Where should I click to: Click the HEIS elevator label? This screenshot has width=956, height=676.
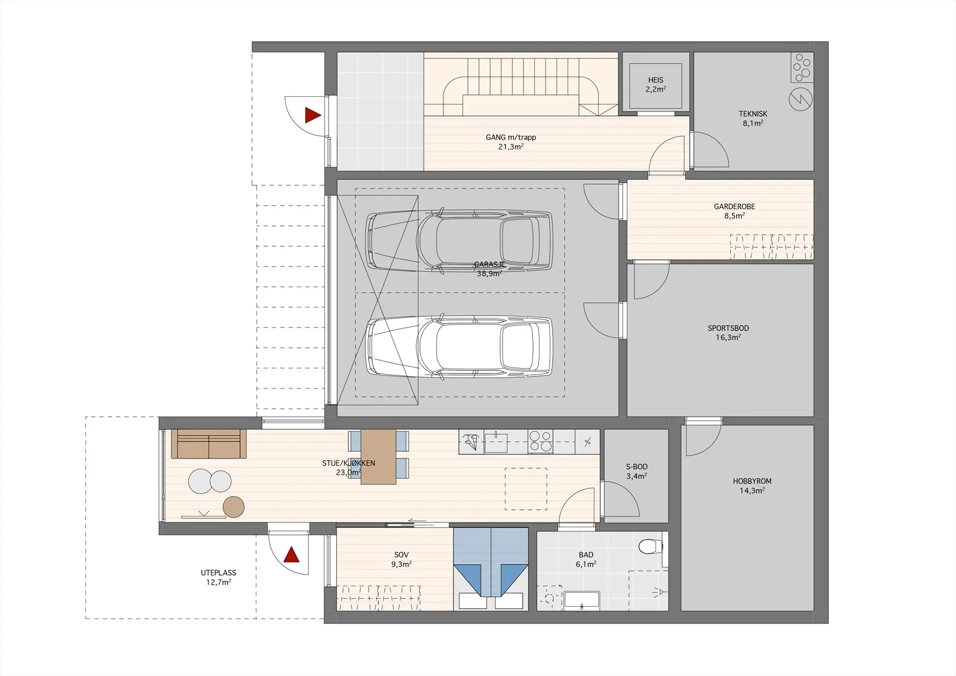pos(655,80)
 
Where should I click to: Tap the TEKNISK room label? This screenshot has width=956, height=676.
pos(753,114)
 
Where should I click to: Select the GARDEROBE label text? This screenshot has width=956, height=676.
pos(734,206)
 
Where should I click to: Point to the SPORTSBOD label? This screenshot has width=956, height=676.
pos(728,328)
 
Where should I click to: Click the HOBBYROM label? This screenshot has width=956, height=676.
pos(752,481)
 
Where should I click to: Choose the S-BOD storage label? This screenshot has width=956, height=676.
pos(637,467)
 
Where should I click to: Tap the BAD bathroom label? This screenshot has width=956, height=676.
pos(586,555)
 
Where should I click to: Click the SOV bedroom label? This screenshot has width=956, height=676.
pos(401,555)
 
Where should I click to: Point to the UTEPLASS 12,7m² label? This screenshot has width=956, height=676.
pos(219,577)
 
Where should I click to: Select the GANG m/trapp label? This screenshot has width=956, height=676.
pos(511,137)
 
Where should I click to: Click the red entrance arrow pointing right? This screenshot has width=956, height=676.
pos(312,115)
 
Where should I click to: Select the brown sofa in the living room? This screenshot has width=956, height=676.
pos(209,444)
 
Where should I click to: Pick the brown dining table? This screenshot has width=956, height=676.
pos(378,457)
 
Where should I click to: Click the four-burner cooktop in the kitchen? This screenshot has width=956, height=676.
pos(540,442)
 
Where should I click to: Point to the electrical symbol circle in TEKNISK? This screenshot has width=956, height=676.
pos(800,99)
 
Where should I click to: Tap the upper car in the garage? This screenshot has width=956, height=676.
pos(459,240)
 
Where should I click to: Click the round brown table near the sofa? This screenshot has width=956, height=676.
pos(234,507)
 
